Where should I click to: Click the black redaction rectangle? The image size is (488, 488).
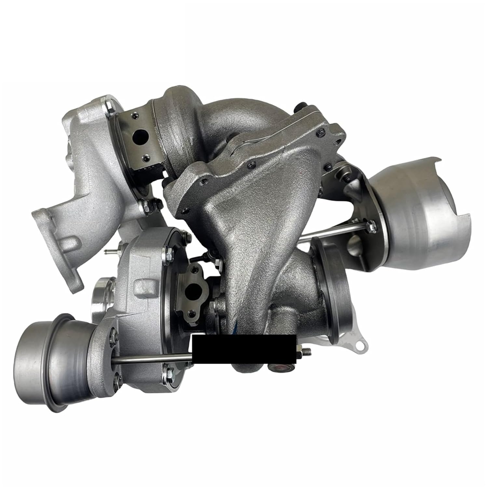tap(244, 350)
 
